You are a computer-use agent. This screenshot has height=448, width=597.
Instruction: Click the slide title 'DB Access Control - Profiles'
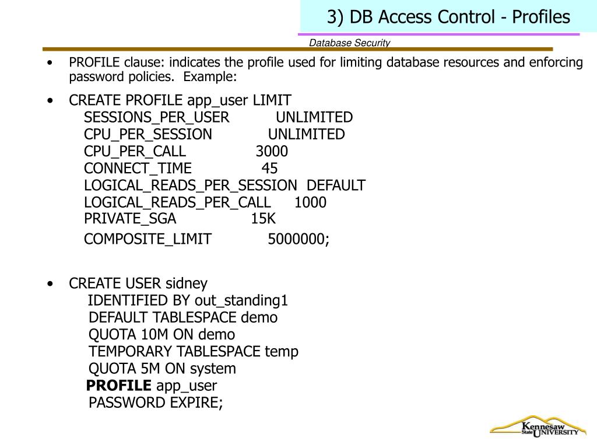[448, 17]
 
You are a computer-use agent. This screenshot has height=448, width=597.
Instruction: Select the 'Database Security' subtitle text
[349, 43]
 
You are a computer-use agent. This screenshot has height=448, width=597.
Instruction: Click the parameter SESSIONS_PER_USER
[156, 117]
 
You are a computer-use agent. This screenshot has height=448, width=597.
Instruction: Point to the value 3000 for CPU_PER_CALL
[272, 152]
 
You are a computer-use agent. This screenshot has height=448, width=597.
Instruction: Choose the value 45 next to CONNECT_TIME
[269, 169]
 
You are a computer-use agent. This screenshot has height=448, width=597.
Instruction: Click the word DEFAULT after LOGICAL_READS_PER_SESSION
[336, 185]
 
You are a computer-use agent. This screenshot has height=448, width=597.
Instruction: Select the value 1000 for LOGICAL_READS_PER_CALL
[310, 202]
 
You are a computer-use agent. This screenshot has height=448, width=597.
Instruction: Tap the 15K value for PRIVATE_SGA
[263, 219]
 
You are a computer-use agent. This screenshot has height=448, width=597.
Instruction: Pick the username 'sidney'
[187, 283]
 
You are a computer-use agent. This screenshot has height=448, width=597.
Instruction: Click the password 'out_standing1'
[241, 300]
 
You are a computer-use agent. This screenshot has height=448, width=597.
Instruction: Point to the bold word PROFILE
[118, 386]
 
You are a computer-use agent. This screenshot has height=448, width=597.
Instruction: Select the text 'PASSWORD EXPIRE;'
[156, 402]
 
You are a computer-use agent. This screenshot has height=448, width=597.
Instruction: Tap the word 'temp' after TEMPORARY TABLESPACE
[282, 351]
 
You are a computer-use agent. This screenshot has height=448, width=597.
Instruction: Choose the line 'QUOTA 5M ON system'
[162, 369]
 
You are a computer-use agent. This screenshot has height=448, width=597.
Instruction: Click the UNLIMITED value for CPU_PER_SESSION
[306, 135]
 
